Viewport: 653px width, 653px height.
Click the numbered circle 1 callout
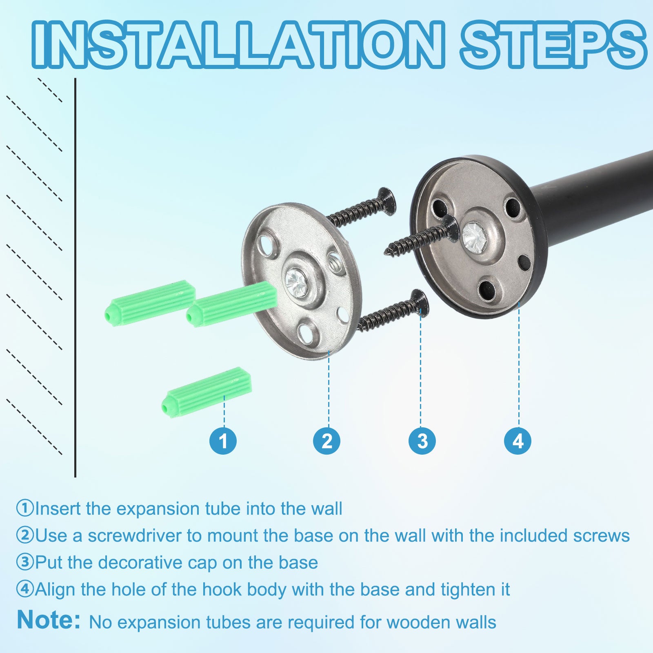223,441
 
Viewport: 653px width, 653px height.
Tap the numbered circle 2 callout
327,441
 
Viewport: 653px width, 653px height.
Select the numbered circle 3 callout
422,441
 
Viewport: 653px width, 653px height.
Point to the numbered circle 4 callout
518,441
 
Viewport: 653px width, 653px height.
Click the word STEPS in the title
553,44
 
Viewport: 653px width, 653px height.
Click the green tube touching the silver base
232,304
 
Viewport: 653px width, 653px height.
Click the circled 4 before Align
24,589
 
